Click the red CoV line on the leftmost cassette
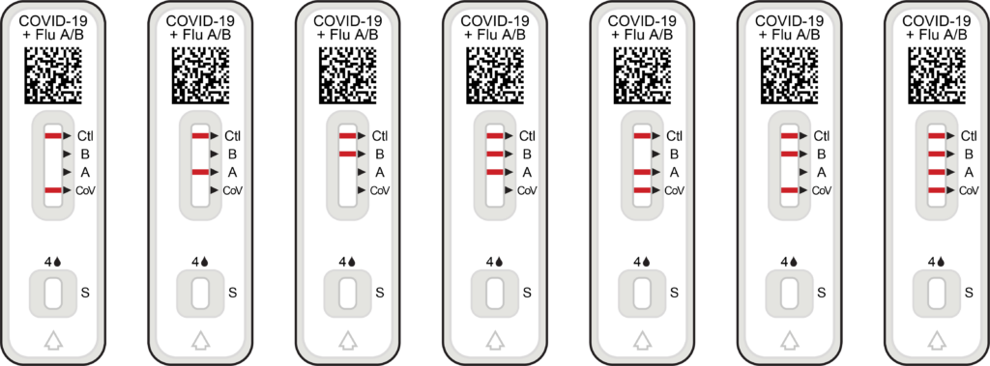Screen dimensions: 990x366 (x=53, y=190)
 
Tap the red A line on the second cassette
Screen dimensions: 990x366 (x=200, y=172)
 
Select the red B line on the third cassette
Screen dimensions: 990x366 (x=347, y=154)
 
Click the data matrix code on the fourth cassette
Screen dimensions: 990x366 (x=495, y=75)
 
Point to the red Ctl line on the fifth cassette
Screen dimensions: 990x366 (x=642, y=135)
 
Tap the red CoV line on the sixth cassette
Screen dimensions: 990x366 (x=789, y=190)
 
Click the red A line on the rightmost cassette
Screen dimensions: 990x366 (x=936, y=172)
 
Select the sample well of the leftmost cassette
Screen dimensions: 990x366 (x=53, y=293)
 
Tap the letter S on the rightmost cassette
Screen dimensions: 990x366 (x=969, y=293)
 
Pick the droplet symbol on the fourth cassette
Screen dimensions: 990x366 (x=499, y=262)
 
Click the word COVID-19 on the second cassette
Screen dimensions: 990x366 (x=200, y=22)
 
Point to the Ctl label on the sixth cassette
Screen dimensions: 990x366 (x=822, y=135)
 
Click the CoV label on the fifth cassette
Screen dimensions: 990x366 (x=674, y=190)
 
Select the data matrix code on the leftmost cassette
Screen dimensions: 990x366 (x=53, y=75)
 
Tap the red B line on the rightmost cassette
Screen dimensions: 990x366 (x=936, y=154)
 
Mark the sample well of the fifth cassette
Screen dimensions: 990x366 (x=642, y=293)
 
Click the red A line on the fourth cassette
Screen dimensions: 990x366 (x=495, y=172)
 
